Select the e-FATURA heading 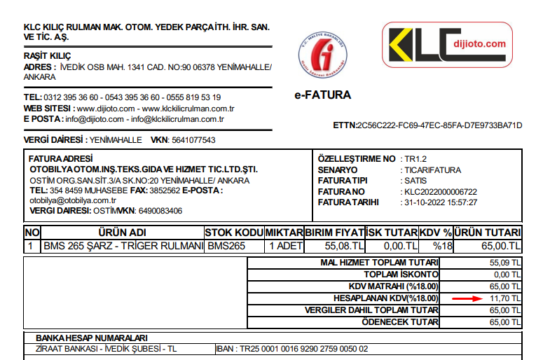point(323,95)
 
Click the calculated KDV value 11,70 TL point(507,298)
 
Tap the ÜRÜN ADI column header point(122,233)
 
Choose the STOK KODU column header point(234,233)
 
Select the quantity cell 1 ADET point(284,246)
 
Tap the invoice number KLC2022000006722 point(441,191)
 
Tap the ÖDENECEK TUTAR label point(401,322)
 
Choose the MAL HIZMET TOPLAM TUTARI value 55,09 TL point(507,263)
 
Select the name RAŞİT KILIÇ point(48,56)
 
